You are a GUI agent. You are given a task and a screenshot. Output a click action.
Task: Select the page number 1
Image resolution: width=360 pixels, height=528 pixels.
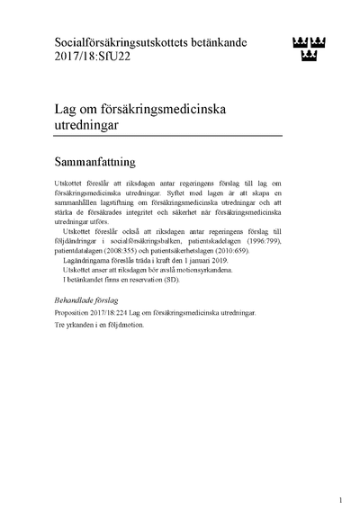pyautogui.click(x=341, y=499)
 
